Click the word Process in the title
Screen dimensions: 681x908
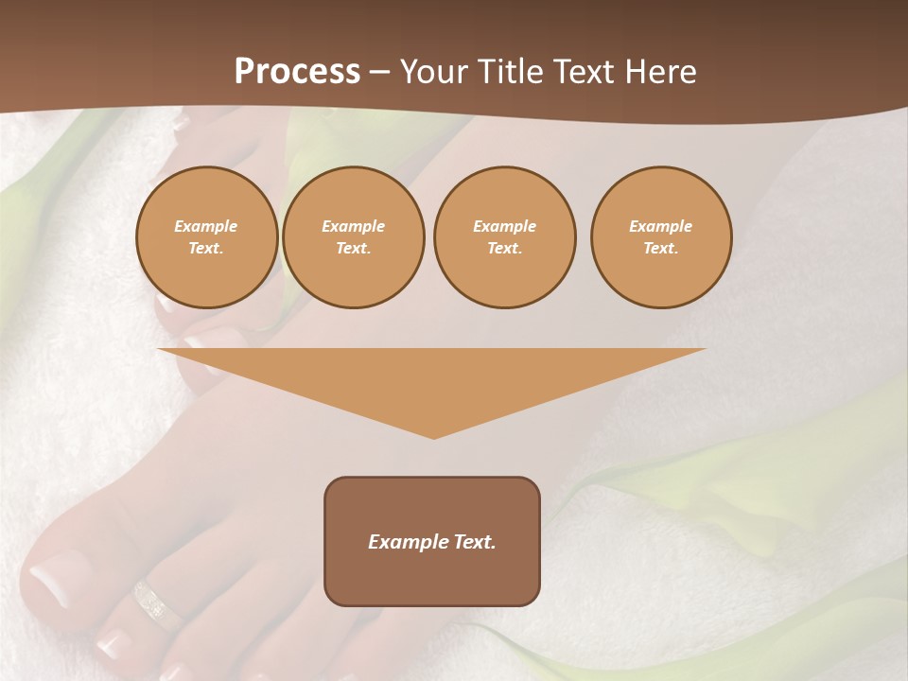pos(297,72)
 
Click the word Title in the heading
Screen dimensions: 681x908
pos(508,72)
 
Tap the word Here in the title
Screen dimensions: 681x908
pos(660,72)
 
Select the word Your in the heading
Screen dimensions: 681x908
pos(435,72)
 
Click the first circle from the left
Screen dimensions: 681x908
pos(206,237)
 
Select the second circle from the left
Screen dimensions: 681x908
pos(353,237)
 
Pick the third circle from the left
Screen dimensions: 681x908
pos(504,237)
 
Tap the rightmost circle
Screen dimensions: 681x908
pos(661,237)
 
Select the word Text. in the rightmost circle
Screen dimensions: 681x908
pos(661,249)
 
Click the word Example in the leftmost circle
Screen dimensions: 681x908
pos(206,226)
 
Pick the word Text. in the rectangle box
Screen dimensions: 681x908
pos(473,542)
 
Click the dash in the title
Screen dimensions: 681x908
pos(379,72)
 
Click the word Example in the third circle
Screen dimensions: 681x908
pos(504,226)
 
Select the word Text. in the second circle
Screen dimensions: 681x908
pos(353,249)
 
